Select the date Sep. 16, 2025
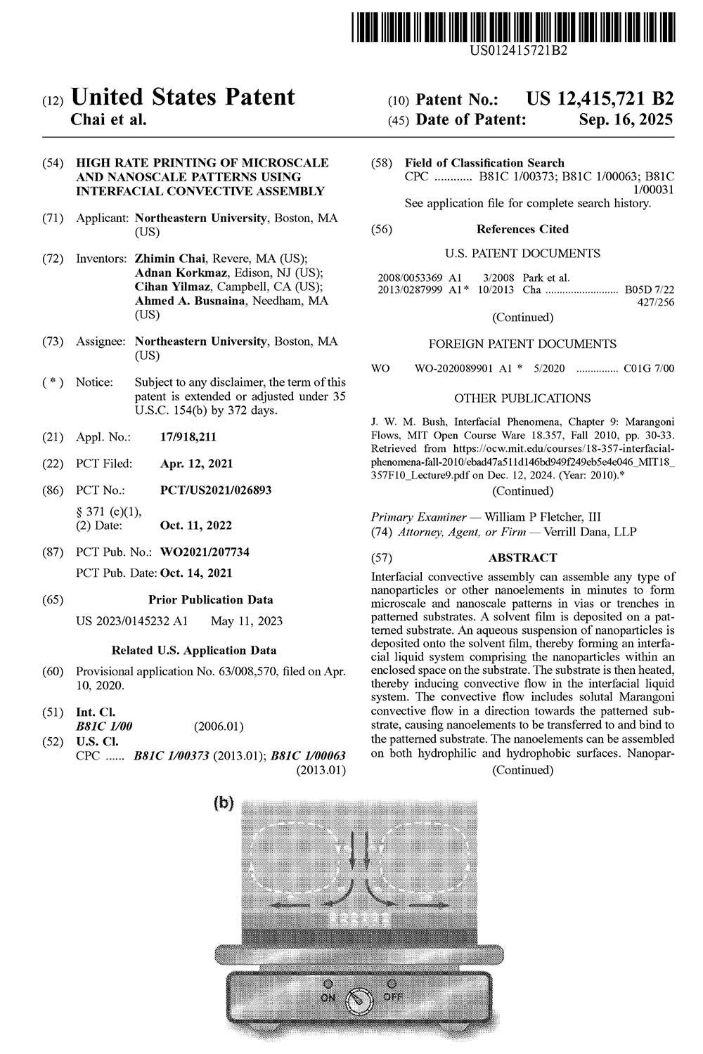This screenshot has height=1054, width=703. (x=626, y=119)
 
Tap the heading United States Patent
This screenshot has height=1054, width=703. (x=183, y=97)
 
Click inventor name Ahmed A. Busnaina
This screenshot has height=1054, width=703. (x=193, y=301)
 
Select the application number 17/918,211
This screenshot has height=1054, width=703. (x=188, y=437)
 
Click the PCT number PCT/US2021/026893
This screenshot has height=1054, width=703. (x=216, y=490)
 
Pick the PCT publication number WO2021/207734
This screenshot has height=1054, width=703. (x=205, y=552)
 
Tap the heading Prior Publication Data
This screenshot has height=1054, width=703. (x=211, y=600)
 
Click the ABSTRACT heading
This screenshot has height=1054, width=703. (x=522, y=558)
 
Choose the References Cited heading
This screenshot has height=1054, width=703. (x=522, y=229)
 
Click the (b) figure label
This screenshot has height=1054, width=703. (x=223, y=804)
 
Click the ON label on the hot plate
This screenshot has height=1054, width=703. (x=328, y=997)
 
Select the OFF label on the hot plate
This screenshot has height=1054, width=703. (x=392, y=997)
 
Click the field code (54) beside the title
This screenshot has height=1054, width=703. (x=51, y=163)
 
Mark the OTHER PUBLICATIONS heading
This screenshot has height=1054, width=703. (x=522, y=398)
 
